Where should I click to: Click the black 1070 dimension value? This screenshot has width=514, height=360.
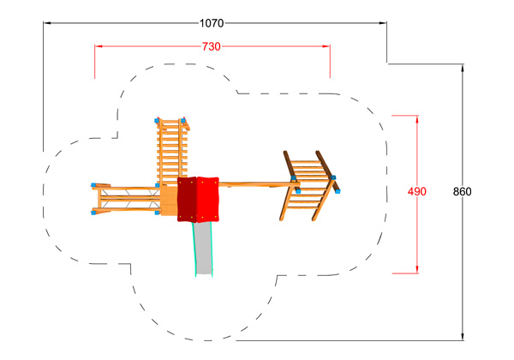pos(212,23)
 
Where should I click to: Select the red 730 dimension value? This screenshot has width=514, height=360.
pos(211,46)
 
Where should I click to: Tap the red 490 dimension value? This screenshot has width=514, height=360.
pos(417,191)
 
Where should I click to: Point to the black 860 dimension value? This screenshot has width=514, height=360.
pos(463,191)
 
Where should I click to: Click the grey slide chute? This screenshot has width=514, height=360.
pos(204,249)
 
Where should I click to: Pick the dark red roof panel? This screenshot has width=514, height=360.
pos(187,200)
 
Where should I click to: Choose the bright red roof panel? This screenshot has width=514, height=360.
pos(207,200)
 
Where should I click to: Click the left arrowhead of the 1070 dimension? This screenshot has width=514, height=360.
pos(47,23)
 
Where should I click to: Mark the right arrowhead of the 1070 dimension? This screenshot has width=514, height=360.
pos(383,23)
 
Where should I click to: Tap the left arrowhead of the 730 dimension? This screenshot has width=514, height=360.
pos(99,46)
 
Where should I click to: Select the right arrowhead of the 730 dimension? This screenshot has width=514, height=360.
pos(326,46)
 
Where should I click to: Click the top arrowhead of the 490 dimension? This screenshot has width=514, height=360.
pos(417,119)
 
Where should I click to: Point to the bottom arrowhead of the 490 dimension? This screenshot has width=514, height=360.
pos(417,269)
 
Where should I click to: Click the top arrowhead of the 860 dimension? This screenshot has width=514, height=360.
pos(463,69)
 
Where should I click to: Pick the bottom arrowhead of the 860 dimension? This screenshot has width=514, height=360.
pos(463,336)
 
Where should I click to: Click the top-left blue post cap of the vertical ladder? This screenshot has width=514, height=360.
pos(157,121)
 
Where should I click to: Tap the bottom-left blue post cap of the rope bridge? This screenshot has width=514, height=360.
pos(93,213)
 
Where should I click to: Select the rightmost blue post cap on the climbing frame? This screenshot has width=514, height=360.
pos(338,191)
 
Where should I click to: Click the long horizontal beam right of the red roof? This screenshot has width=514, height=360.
pos(259,185)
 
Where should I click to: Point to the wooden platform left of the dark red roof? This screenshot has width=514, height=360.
pos(169,201)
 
